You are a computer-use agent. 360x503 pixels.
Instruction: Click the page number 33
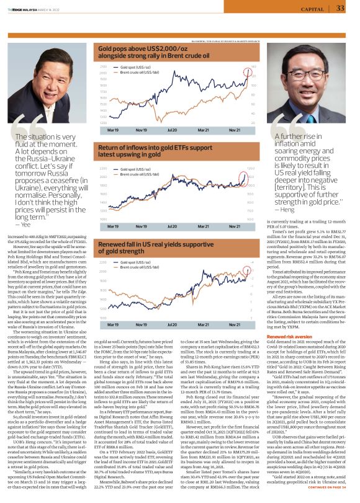(340, 8)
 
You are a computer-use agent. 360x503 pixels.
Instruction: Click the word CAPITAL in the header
(312, 9)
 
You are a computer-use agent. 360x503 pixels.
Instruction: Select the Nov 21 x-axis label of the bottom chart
(234, 324)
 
